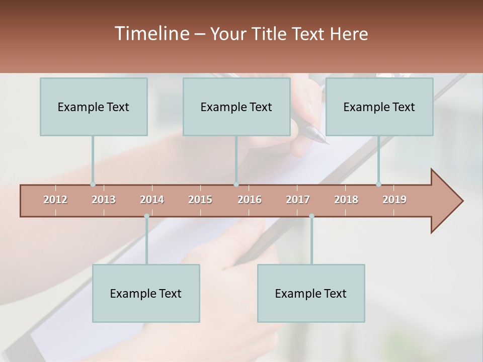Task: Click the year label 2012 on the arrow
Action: pyautogui.click(x=55, y=200)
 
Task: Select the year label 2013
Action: pyautogui.click(x=104, y=200)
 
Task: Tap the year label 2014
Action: pyautogui.click(x=152, y=200)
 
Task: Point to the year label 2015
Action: pyautogui.click(x=200, y=200)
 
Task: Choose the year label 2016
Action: pyautogui.click(x=250, y=200)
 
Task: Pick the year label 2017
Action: pyautogui.click(x=298, y=200)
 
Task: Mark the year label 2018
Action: pyautogui.click(x=346, y=200)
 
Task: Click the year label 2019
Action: pyautogui.click(x=394, y=200)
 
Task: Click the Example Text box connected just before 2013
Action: pyautogui.click(x=94, y=107)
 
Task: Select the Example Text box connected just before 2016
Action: pyautogui.click(x=236, y=107)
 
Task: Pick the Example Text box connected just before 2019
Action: pyautogui.click(x=379, y=107)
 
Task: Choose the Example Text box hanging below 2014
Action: pyautogui.click(x=146, y=293)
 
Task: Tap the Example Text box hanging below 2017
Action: pyautogui.click(x=311, y=293)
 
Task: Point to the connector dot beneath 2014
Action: pyautogui.click(x=146, y=216)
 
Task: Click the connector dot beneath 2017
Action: pyautogui.click(x=311, y=216)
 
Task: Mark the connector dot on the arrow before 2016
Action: pyautogui.click(x=236, y=185)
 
